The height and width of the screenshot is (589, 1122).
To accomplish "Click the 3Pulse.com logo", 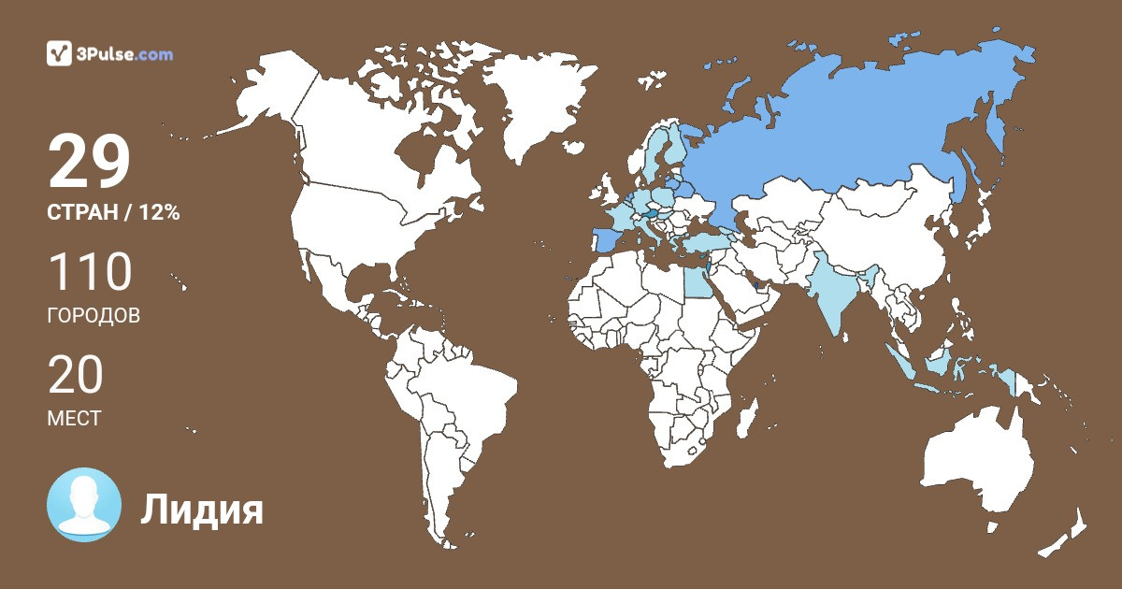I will pos(110,53).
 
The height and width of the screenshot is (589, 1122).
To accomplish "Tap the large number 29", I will pos(89,163).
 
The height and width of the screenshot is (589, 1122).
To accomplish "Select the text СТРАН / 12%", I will pos(113,213).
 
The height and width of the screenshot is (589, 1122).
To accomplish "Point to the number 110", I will pos(90,273).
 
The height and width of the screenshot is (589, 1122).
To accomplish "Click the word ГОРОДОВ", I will pos(93,316).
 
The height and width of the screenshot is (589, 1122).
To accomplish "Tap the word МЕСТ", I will pos(74,419).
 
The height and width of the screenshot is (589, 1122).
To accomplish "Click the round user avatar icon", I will pos(84,505).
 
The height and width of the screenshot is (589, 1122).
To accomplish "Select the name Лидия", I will pos(202,510).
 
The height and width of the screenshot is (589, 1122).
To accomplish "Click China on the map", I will pos(888,243).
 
